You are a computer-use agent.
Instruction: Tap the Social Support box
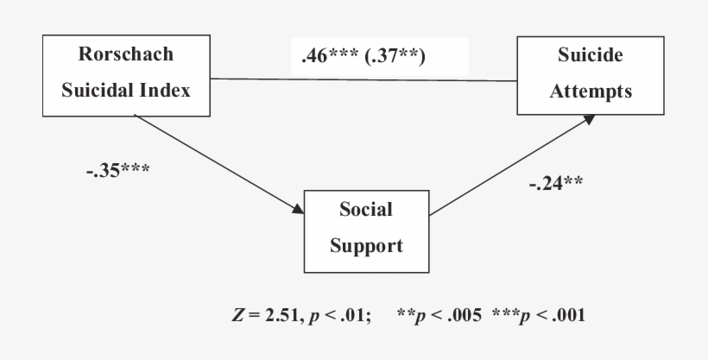pos(366,228)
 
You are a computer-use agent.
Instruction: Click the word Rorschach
pos(126,55)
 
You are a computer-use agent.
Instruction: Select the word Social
pos(366,210)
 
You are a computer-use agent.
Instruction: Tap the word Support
pos(366,246)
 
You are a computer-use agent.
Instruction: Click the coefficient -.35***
pos(118,168)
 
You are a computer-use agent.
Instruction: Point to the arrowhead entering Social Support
pos(298,210)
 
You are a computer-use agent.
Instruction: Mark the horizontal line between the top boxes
pos(363,81)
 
